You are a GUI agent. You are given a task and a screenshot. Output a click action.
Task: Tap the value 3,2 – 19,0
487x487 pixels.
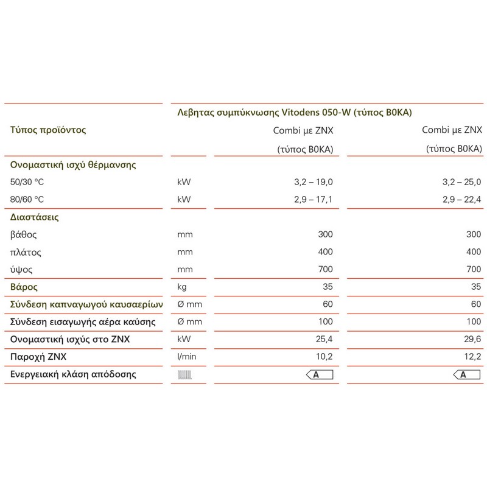[310, 181]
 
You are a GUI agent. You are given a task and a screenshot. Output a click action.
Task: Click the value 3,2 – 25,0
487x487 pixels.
[460, 181]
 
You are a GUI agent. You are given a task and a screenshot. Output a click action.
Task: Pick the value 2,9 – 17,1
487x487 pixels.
[310, 199]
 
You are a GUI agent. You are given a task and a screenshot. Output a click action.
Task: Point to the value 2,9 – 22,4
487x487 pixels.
[460, 199]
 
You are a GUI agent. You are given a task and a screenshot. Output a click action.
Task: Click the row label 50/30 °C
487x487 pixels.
[29, 181]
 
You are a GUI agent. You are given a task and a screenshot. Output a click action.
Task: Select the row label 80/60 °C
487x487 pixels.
[29, 199]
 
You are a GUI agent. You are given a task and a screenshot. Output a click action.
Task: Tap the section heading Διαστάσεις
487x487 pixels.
[34, 216]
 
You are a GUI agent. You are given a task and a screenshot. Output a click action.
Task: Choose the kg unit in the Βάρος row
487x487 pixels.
[182, 286]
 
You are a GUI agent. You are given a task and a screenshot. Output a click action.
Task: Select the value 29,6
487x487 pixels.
[474, 339]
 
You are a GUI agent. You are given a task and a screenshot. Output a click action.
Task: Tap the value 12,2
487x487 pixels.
[474, 357]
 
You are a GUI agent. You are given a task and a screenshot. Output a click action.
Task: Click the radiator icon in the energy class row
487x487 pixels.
[184, 375]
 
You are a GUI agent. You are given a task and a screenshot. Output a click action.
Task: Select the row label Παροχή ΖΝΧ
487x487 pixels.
[38, 357]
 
